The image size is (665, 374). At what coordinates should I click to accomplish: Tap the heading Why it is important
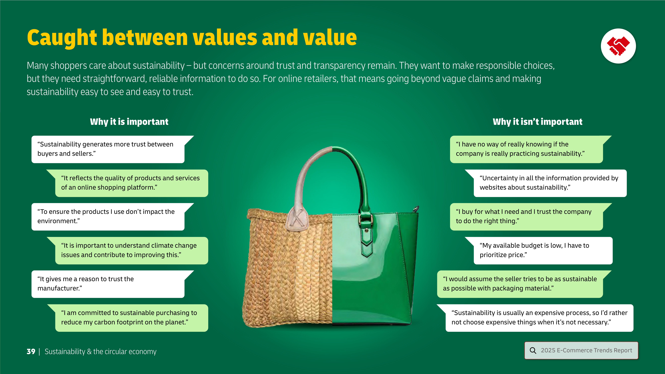point(129,122)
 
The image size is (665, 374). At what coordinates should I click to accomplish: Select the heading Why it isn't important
point(537,122)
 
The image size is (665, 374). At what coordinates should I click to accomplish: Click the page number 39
point(31,352)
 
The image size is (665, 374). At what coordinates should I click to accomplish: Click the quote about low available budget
point(534,250)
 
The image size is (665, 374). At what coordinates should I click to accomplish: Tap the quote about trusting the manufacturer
point(85,284)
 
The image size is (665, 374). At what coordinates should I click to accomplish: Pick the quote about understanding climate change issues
point(129,250)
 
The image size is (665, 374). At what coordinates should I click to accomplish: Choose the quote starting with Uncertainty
point(549,183)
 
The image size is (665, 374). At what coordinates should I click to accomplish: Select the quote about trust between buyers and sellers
point(105,149)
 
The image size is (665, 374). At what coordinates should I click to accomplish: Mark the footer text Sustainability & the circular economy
point(100,352)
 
